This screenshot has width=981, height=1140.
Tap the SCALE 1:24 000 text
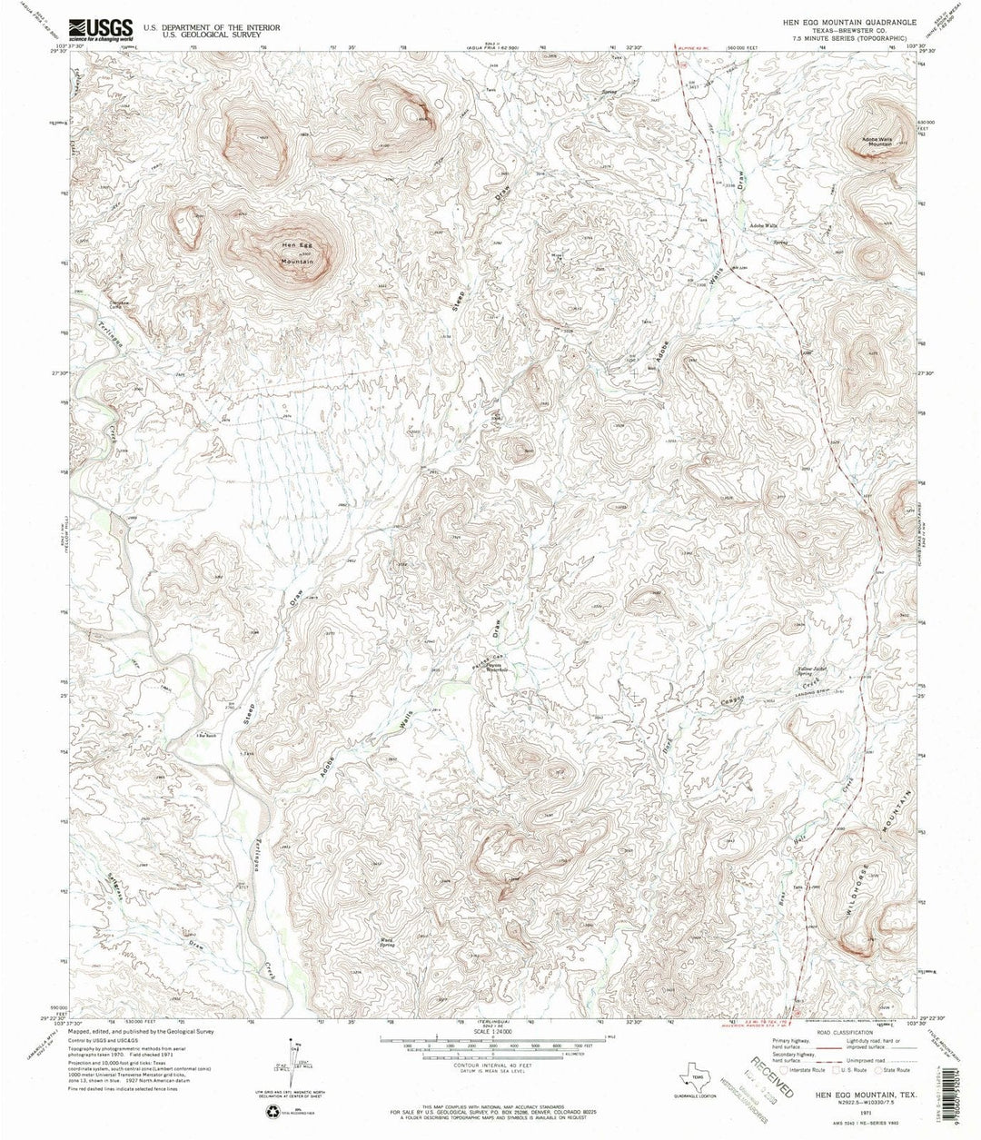[x=491, y=1031]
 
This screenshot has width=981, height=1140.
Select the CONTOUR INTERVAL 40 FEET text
[x=491, y=1064]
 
